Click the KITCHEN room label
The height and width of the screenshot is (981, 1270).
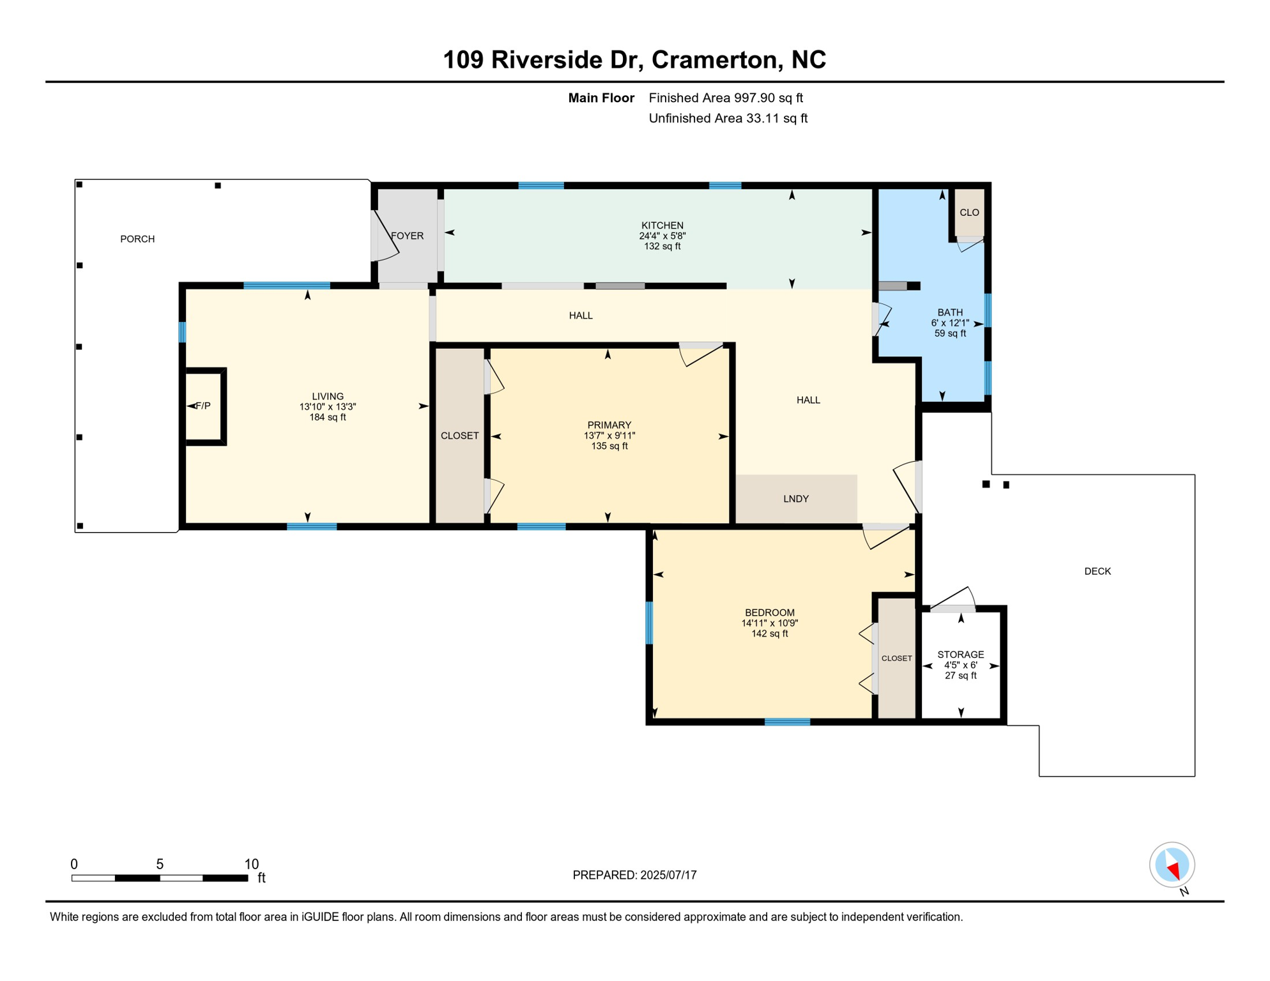coord(662,225)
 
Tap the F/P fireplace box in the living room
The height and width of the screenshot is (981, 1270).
coord(203,406)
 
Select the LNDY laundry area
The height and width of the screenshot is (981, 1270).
coord(795,499)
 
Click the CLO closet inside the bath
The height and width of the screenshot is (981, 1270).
coord(968,213)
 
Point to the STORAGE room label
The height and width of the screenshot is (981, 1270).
coord(960,655)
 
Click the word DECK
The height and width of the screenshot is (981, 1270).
coord(1097,572)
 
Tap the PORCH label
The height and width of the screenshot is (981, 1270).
coord(137,239)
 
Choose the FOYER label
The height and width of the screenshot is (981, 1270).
coord(407,236)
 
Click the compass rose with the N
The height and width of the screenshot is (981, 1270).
coord(1172,865)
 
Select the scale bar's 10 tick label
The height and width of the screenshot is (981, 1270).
coord(251,864)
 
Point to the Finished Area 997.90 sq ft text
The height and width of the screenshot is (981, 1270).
coord(725,98)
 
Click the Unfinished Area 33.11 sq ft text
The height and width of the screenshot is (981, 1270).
coord(728,118)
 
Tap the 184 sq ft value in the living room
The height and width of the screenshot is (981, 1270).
coord(327,417)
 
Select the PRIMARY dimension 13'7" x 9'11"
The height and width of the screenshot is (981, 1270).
coord(609,436)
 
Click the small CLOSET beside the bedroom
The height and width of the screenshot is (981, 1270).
coord(896,658)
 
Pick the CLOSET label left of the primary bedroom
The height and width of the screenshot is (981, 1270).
coord(459,436)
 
